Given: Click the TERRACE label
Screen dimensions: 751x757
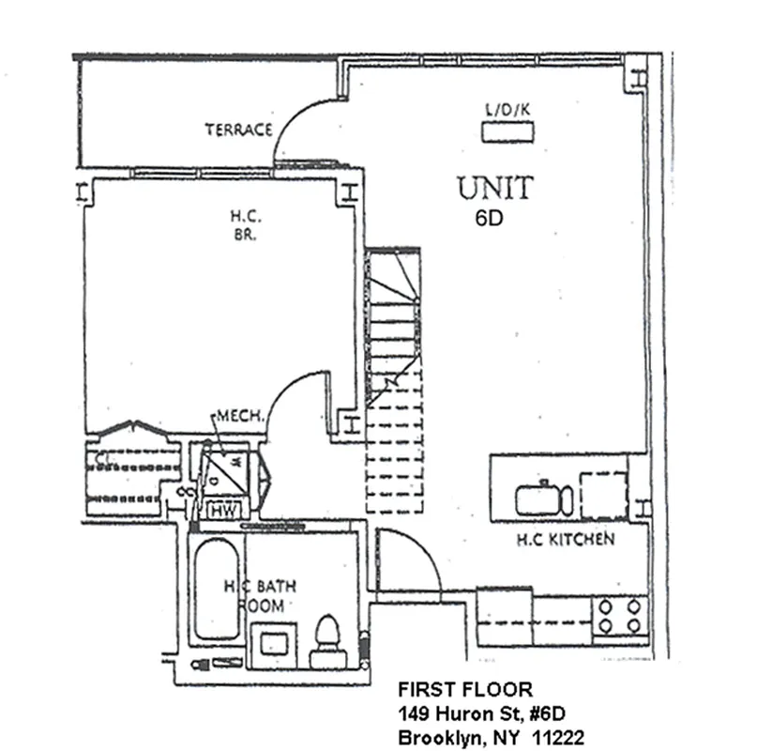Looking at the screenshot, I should (238, 130).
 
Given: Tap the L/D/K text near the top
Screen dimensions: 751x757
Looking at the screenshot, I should (507, 109).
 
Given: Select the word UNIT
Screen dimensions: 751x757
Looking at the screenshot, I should (494, 188).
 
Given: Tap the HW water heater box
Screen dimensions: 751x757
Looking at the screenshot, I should (223, 511).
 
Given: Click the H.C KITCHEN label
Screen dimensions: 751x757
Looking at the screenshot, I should (566, 540).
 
